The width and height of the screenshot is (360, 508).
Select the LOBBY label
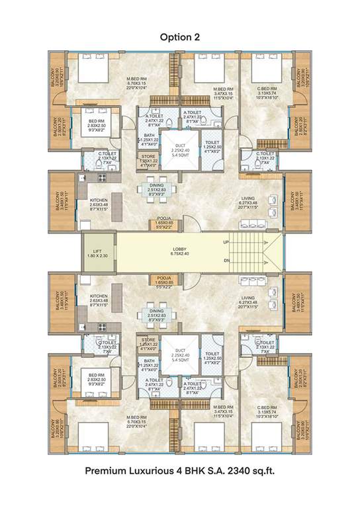click(179, 248)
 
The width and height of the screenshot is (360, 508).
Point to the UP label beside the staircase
click(227, 243)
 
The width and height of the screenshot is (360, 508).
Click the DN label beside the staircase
click(227, 261)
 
